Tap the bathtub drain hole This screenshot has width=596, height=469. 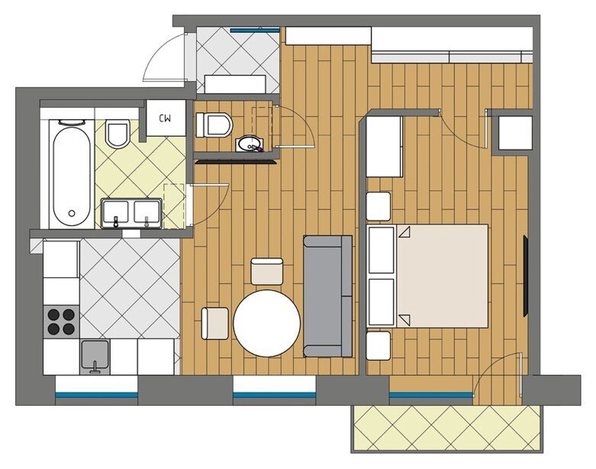[x=72, y=214]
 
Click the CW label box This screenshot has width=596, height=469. [x=166, y=118]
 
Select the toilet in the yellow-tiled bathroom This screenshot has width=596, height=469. [x=118, y=133]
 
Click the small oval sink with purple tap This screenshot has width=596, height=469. [x=250, y=144]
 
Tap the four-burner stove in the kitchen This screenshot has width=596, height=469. [x=62, y=322]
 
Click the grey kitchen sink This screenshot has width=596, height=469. [x=95, y=357]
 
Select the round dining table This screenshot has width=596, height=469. [x=267, y=323]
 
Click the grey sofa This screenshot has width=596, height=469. [x=327, y=296]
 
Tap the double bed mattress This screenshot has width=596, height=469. [x=442, y=276]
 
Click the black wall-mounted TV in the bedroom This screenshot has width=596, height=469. [x=526, y=276]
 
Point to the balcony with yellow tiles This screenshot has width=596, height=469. [x=446, y=428]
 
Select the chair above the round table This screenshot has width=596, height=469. [x=267, y=271]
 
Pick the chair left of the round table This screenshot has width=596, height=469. [x=214, y=323]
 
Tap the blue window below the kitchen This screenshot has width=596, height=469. [x=97, y=395]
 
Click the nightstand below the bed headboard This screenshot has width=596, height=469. [x=379, y=345]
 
